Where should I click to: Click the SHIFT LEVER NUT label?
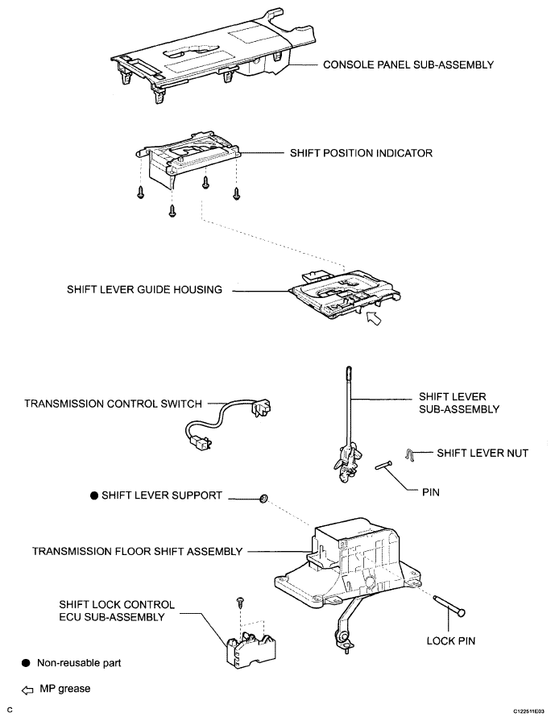[482, 454]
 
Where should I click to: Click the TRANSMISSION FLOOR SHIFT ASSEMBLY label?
[137, 552]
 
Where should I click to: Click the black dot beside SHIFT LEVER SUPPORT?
[94, 496]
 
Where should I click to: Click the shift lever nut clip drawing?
[411, 455]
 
